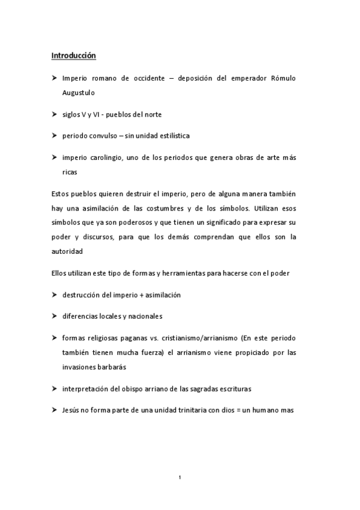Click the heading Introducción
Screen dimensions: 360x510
click(73, 56)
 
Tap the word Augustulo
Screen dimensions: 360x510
click(78, 93)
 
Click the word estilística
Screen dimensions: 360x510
click(169, 136)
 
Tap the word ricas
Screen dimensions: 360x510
click(70, 171)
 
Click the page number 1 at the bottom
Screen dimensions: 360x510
click(180, 478)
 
